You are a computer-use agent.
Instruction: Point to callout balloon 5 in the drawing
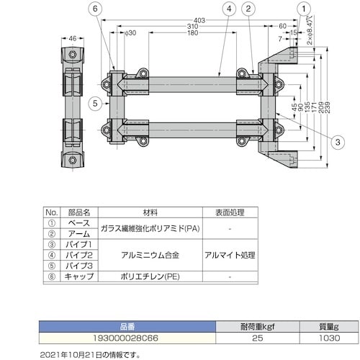tap(94, 103)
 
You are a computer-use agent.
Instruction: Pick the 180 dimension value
tap(192, 32)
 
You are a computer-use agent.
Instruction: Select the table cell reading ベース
tap(78, 223)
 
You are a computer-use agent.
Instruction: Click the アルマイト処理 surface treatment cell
tap(229, 254)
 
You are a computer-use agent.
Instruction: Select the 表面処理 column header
tap(229, 213)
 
